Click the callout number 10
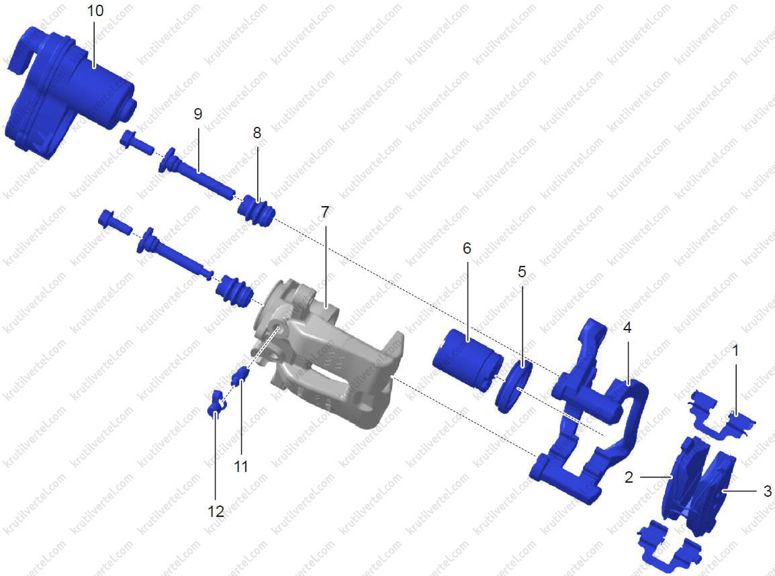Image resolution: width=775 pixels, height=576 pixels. pyautogui.click(x=95, y=10)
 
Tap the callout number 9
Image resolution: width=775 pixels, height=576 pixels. pyautogui.click(x=197, y=114)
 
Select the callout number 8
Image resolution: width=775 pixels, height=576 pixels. pyautogui.click(x=257, y=133)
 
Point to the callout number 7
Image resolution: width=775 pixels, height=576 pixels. pyautogui.click(x=324, y=212)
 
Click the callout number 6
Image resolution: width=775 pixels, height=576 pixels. pyautogui.click(x=467, y=248)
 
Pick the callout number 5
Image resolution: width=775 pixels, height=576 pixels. pyautogui.click(x=522, y=272)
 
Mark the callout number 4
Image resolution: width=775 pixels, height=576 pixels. pyautogui.click(x=627, y=328)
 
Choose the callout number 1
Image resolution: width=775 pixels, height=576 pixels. pyautogui.click(x=735, y=350)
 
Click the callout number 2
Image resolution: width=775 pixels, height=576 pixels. pyautogui.click(x=629, y=477)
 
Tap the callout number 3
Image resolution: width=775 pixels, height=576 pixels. pyautogui.click(x=767, y=491)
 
